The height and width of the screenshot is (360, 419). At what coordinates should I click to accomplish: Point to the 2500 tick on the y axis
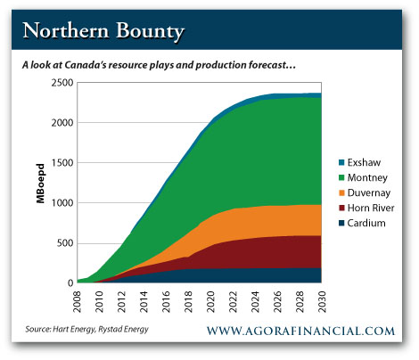tap(62, 83)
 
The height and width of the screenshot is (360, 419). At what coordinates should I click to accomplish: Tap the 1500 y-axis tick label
tap(62, 163)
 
